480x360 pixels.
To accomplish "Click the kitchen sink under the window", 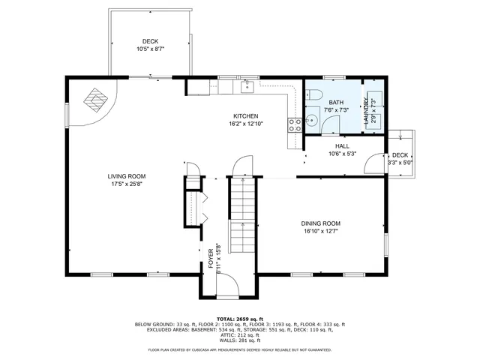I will [x=247, y=87].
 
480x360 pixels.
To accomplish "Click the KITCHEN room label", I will [x=245, y=116].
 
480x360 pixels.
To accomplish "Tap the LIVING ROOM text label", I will [x=125, y=176].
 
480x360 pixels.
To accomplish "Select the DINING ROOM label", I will [x=321, y=223].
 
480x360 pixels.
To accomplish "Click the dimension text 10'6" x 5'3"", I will [x=342, y=154].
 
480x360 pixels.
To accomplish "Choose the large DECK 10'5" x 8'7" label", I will [x=150, y=45].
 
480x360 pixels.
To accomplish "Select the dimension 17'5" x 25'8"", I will [x=125, y=184].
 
